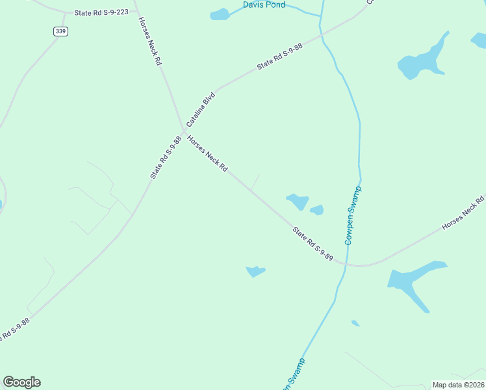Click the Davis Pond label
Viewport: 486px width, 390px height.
[x=264, y=5]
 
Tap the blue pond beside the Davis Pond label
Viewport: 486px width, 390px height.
[x=220, y=14]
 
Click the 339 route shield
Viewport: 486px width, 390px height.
[x=60, y=31]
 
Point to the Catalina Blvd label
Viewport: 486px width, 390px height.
[x=201, y=109]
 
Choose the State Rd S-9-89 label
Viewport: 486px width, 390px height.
[x=313, y=244]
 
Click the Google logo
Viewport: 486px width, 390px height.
[x=21, y=382]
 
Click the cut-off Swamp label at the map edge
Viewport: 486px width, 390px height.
[x=294, y=375]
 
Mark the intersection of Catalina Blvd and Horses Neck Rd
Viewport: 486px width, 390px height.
[x=184, y=129]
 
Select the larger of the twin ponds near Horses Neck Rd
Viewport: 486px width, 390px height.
[x=298, y=201]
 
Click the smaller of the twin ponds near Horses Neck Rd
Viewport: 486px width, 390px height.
[x=317, y=210]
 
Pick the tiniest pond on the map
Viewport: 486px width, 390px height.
[x=355, y=323]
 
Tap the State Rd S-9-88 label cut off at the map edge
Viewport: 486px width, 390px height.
[x=14, y=330]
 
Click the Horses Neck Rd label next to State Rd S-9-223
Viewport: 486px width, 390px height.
[x=149, y=41]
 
